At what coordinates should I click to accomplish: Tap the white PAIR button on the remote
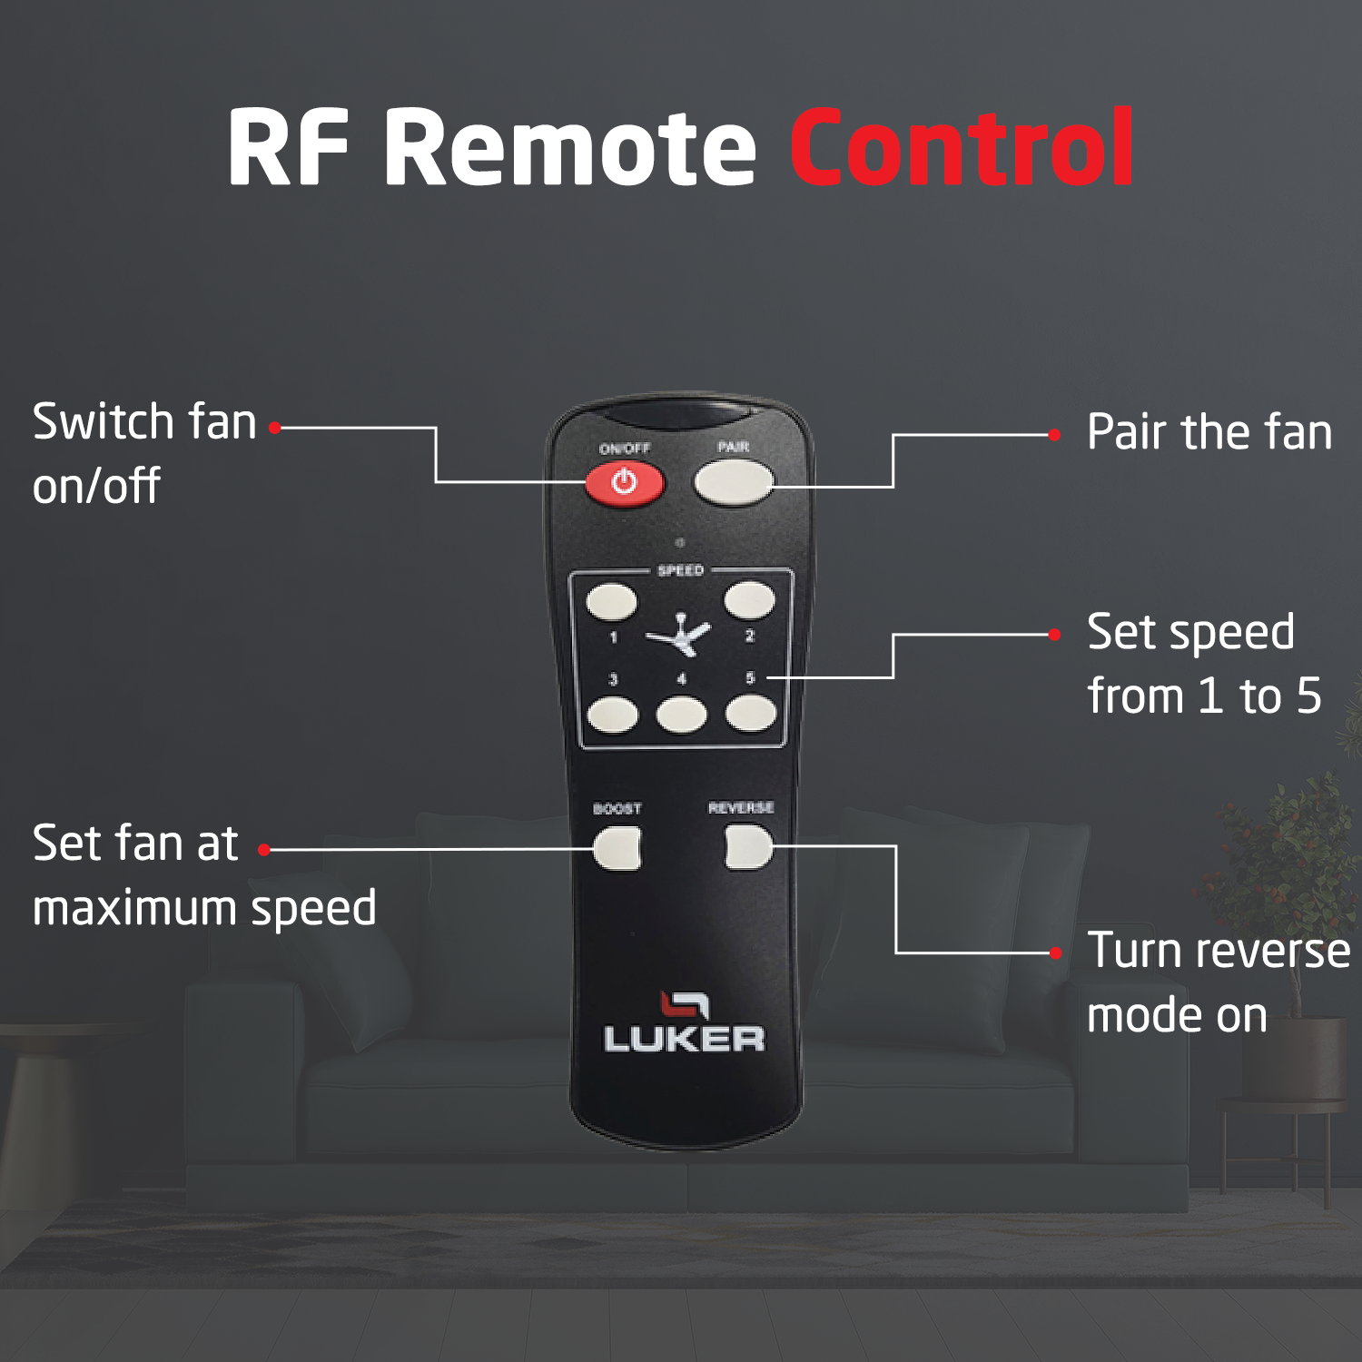pyautogui.click(x=733, y=482)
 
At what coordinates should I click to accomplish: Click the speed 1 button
pyautogui.click(x=611, y=602)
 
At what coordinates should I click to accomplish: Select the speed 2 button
pyautogui.click(x=749, y=600)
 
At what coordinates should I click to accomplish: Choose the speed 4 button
pyautogui.click(x=681, y=715)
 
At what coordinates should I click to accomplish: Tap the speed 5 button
pyautogui.click(x=751, y=714)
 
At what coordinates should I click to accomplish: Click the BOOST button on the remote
pyautogui.click(x=617, y=849)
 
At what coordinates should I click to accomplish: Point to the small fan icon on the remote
pyautogui.click(x=680, y=635)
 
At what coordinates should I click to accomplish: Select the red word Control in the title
pyautogui.click(x=962, y=147)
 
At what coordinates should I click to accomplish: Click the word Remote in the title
pyautogui.click(x=570, y=147)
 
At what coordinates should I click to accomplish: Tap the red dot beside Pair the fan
pyautogui.click(x=1054, y=435)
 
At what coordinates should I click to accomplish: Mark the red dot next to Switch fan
pyautogui.click(x=274, y=428)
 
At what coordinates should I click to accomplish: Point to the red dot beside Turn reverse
pyautogui.click(x=1056, y=952)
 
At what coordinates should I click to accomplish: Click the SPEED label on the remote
pyautogui.click(x=680, y=570)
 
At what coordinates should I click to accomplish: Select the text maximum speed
pyautogui.click(x=204, y=908)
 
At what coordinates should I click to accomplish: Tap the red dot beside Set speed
pyautogui.click(x=1054, y=635)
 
